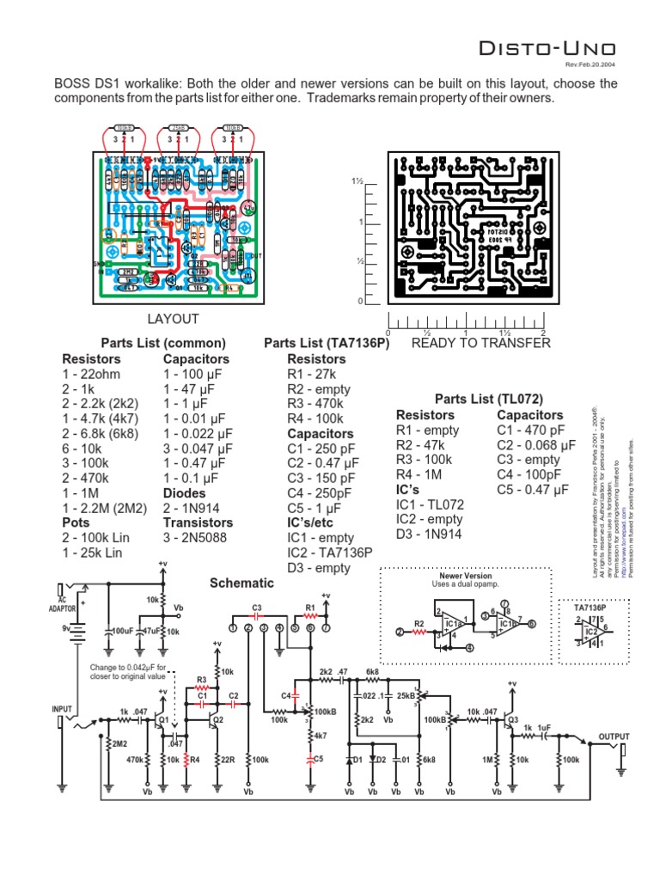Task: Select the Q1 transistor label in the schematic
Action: (x=160, y=724)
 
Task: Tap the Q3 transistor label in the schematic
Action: (x=513, y=719)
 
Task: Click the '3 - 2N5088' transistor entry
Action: (x=199, y=537)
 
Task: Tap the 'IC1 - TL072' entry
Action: (x=431, y=504)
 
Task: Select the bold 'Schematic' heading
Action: (x=242, y=583)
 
